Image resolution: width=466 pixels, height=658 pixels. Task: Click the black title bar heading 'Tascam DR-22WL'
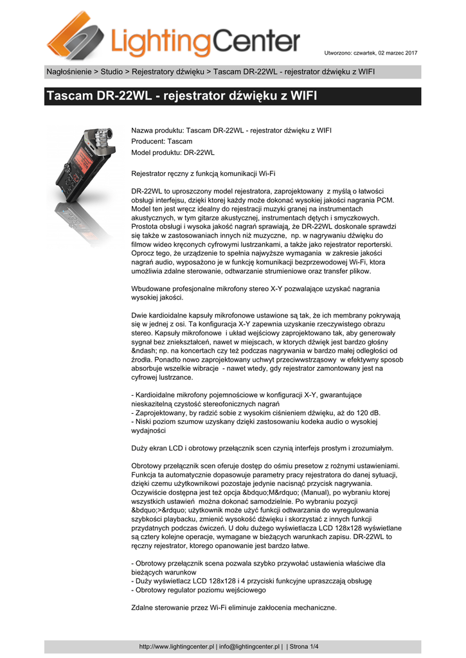point(182,97)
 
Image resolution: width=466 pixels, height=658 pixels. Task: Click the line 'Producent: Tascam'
point(161,141)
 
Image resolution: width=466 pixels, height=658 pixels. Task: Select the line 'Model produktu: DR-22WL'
point(173,153)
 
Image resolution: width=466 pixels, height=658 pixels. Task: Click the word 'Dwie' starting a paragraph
point(139,316)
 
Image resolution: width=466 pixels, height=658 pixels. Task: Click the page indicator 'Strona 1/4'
point(305,646)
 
